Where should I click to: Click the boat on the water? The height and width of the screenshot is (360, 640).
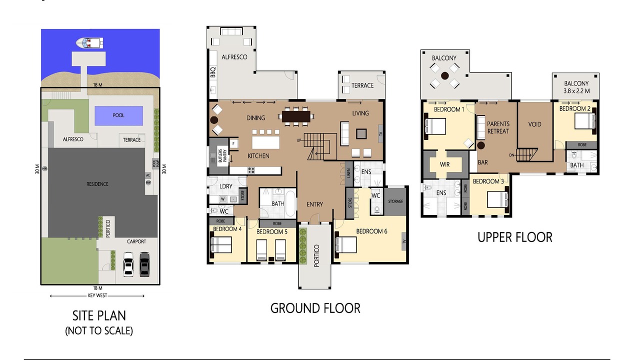pos(89,43)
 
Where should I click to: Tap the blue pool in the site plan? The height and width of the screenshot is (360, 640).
pos(118,115)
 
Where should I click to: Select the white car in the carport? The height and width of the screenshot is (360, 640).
pos(128,264)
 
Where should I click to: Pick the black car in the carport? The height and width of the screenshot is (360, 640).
pos(144,264)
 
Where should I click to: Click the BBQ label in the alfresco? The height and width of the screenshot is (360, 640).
pos(213,72)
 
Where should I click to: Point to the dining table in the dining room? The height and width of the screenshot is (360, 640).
pos(296,116)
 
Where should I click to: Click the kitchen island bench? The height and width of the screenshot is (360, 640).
pos(265,142)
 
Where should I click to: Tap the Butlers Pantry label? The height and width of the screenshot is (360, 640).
pos(222,155)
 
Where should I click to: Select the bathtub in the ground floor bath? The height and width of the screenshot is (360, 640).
pos(290,203)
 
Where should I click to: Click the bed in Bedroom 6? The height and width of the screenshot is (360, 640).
pos(346,245)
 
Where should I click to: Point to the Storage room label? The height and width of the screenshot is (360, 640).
pos(395,201)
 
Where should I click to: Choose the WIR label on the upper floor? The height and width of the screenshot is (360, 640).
pos(444,164)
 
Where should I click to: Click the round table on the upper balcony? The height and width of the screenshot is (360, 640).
pos(444,75)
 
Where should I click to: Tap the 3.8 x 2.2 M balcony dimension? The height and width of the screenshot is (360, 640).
pos(576,91)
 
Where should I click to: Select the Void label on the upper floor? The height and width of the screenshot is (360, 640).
pos(534,124)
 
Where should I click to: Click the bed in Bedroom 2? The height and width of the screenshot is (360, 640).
pos(585,121)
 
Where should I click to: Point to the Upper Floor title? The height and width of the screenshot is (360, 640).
pos(515,237)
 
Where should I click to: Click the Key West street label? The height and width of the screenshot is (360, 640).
pos(97,295)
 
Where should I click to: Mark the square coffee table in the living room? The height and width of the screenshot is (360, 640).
pos(361,133)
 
